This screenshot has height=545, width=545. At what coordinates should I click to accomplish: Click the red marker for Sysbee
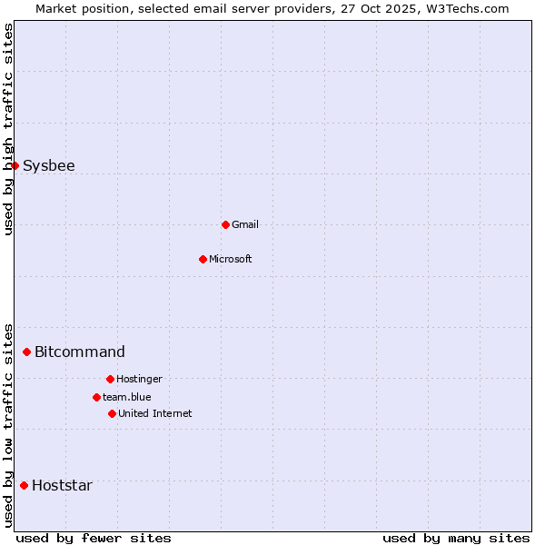coord(15,165)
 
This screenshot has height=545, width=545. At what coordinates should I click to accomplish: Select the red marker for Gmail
coord(225,224)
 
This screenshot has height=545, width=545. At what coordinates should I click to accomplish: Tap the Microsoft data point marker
coord(203,259)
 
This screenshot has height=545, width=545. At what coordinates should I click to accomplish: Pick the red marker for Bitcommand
coord(26,352)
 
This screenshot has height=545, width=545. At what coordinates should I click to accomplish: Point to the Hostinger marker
coord(110,379)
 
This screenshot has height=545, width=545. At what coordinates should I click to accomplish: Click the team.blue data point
coord(96,397)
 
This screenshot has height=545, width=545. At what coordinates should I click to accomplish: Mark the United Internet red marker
coord(112,413)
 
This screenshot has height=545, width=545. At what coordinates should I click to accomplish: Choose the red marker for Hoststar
coord(24,485)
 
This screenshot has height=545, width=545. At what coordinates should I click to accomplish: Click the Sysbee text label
coord(49,165)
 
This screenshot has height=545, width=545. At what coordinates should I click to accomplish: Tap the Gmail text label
coord(245,224)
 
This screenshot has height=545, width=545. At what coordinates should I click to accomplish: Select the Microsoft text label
coord(231,259)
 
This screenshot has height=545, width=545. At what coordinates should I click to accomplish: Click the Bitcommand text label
coord(80,352)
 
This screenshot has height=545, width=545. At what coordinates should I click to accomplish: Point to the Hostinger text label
coord(139,379)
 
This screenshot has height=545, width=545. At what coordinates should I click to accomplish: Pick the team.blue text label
coord(127,397)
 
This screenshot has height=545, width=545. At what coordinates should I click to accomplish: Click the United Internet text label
coord(155,413)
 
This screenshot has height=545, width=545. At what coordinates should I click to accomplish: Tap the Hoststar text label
coord(62,485)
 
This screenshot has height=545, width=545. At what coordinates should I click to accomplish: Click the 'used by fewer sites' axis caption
coord(94,538)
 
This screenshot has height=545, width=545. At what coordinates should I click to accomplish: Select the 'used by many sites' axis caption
coord(456,538)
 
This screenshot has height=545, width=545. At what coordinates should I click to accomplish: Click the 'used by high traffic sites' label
coord(8,129)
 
